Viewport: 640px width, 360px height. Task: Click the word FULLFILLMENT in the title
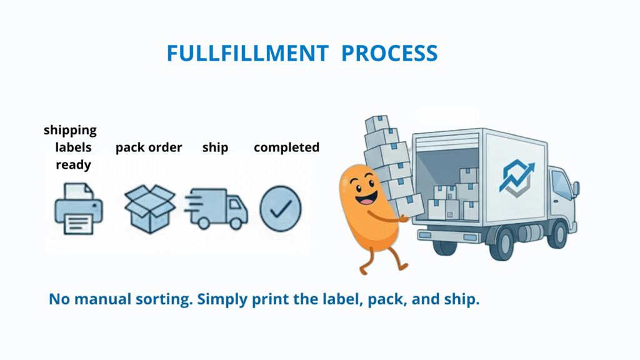pyautogui.click(x=247, y=54)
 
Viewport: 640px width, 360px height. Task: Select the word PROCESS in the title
pyautogui.click(x=389, y=54)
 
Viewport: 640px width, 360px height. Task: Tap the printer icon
pyautogui.click(x=78, y=209)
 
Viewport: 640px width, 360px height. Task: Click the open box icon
pyautogui.click(x=150, y=209)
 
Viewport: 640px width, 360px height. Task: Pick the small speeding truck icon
pyautogui.click(x=216, y=209)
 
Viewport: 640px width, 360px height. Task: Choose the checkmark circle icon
pyautogui.click(x=281, y=209)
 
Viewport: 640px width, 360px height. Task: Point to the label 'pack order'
pyautogui.click(x=149, y=147)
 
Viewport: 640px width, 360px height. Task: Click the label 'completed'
pyautogui.click(x=286, y=147)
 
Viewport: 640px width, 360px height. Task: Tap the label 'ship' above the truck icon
pyautogui.click(x=215, y=147)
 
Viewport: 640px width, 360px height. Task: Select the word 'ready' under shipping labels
pyautogui.click(x=74, y=165)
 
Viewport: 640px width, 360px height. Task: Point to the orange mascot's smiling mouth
pyautogui.click(x=366, y=198)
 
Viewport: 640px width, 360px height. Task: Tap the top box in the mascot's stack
pyautogui.click(x=377, y=124)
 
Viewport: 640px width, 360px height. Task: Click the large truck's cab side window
pyautogui.click(x=562, y=184)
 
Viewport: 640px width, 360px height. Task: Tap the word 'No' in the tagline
pyautogui.click(x=59, y=299)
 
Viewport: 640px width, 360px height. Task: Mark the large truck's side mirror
pyautogui.click(x=576, y=188)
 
